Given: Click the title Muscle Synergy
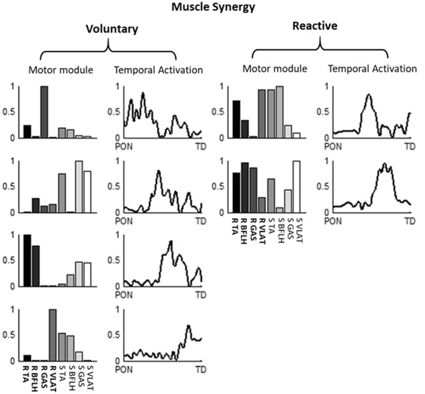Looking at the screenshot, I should tap(212, 7).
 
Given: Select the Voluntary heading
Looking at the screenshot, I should tap(109, 28).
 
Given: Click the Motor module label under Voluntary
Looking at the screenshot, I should tap(61, 69).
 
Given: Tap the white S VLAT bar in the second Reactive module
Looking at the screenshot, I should tap(296, 187).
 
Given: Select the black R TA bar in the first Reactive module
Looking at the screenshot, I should tap(236, 119).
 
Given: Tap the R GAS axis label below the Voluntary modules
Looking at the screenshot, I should tap(43, 375).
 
